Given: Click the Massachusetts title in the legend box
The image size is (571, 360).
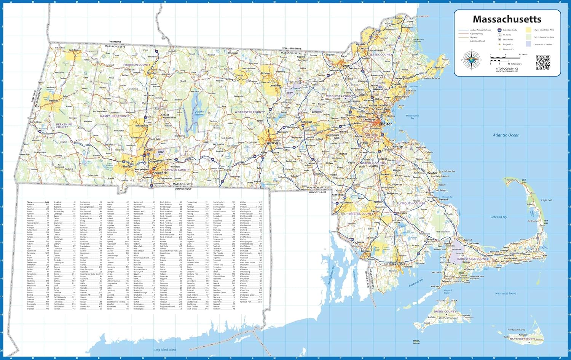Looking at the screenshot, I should pyautogui.click(x=507, y=19).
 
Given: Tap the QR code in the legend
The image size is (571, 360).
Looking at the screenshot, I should pyautogui.click(x=543, y=62).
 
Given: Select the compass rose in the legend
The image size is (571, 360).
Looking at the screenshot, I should pyautogui.click(x=472, y=61).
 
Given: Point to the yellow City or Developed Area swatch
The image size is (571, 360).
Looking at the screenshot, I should pyautogui.click(x=528, y=30).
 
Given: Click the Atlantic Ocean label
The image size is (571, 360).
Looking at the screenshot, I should pyautogui.click(x=506, y=135).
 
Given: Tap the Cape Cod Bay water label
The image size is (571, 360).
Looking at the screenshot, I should pyautogui.click(x=498, y=217).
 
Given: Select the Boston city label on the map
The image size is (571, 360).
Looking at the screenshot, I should pyautogui.click(x=386, y=124).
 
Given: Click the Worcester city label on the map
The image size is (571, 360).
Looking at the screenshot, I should pyautogui.click(x=273, y=143).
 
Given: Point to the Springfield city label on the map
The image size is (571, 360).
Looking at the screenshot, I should pyautogui.click(x=160, y=173).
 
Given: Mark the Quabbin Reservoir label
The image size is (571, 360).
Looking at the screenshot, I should pyautogui.click(x=199, y=113).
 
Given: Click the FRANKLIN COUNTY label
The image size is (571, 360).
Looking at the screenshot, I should pyautogui.click(x=137, y=65).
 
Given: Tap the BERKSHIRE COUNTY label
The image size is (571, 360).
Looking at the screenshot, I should pyautogui.click(x=64, y=125).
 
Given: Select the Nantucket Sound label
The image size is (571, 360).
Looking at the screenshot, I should pyautogui.click(x=506, y=293).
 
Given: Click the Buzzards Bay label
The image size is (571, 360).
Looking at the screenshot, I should pyautogui.click(x=416, y=283).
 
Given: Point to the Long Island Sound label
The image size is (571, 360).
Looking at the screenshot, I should pyautogui.click(x=165, y=350).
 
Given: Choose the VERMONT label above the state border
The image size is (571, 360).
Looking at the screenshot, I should pyautogui.click(x=115, y=42).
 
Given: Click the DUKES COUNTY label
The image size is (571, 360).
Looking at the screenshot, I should pyautogui.click(x=445, y=312).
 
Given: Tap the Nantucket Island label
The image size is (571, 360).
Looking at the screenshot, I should pyautogui.click(x=516, y=330).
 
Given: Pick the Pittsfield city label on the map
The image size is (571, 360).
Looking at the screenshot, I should pyautogui.click(x=54, y=101).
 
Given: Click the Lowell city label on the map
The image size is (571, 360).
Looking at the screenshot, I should pyautogui.click(x=347, y=66).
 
